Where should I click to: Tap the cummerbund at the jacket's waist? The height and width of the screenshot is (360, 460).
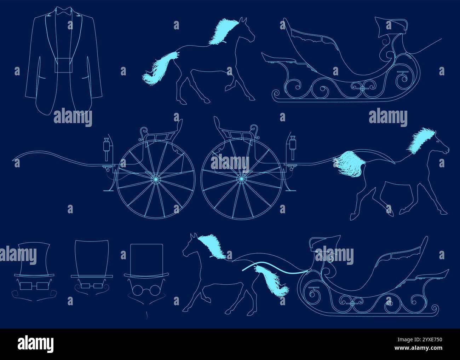pos(64,66)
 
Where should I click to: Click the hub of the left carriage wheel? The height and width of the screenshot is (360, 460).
pos(156,180)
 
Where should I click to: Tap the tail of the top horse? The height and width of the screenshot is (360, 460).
pos(159,69)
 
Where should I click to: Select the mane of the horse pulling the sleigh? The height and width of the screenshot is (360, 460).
pos(212,246)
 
